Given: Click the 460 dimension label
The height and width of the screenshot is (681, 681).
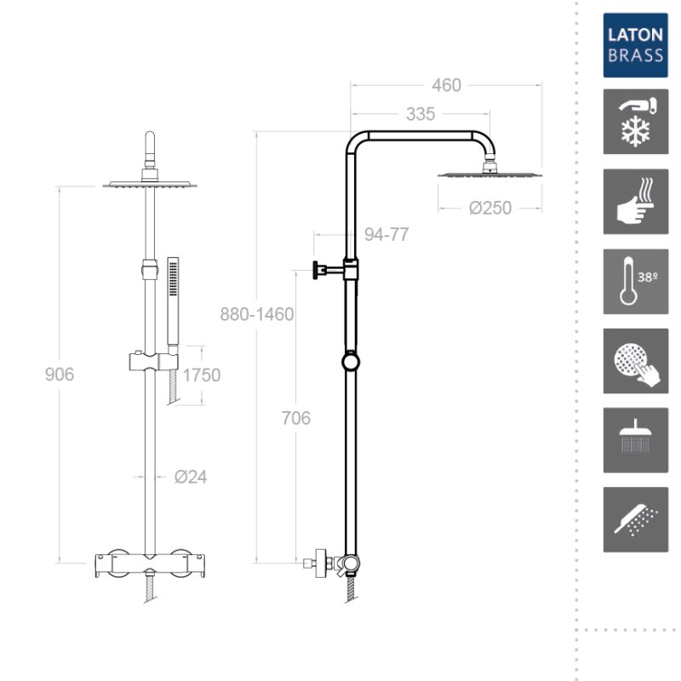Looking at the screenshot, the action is point(446,85).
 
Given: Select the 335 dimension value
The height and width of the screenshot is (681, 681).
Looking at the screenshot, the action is point(420,114).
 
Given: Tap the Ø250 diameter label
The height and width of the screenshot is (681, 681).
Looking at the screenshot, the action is point(490,208).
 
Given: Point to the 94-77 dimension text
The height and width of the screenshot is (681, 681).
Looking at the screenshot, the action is point(386,235).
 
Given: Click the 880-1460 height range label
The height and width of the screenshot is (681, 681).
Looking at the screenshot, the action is point(257,314).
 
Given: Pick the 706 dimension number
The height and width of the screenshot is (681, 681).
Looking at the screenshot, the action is point(295,418).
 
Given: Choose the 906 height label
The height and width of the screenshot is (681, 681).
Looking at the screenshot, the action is point(60,375).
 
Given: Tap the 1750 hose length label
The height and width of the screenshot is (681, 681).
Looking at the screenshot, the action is point(202,375).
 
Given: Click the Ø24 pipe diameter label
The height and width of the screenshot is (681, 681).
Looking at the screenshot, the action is point(190,477).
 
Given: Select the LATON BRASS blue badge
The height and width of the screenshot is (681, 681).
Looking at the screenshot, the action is point(635,45).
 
